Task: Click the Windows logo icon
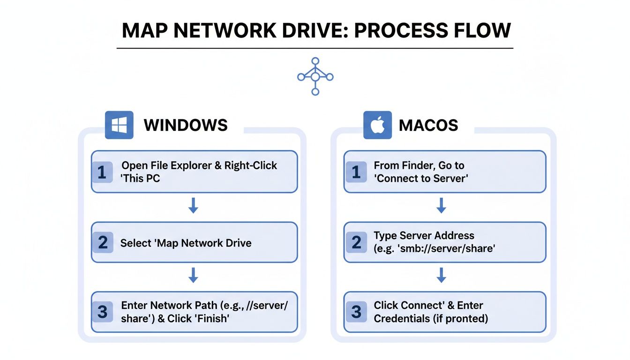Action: pyautogui.click(x=119, y=125)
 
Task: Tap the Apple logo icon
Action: pyautogui.click(x=377, y=125)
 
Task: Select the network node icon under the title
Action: pyautogui.click(x=315, y=76)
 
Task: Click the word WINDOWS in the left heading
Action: pyautogui.click(x=186, y=125)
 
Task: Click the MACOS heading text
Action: pyautogui.click(x=428, y=125)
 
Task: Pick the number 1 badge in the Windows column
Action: pyautogui.click(x=102, y=172)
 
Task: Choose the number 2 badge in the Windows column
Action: pyautogui.click(x=103, y=243)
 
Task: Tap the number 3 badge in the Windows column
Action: pyautogui.click(x=102, y=312)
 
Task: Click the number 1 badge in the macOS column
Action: pyautogui.click(x=356, y=172)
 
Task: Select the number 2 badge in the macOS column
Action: pyautogui.click(x=356, y=242)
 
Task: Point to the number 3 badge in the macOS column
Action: pyautogui.click(x=356, y=312)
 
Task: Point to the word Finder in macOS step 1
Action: pyautogui.click(x=417, y=165)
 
